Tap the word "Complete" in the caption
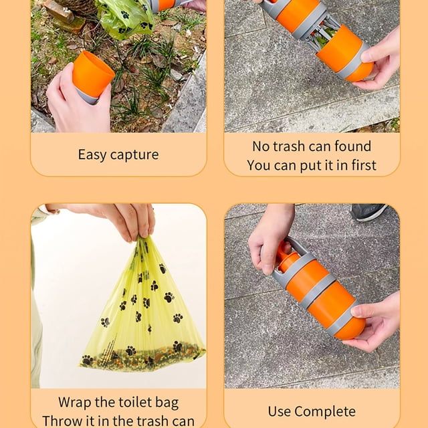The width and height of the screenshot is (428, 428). click(x=325, y=411)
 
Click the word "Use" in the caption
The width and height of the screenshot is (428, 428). click(x=280, y=411)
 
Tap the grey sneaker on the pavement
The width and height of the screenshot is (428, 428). click(x=368, y=212)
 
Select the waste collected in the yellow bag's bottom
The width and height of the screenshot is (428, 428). click(x=142, y=356)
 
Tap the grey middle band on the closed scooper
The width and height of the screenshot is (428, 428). click(x=319, y=290)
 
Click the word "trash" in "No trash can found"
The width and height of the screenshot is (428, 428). click(x=290, y=146)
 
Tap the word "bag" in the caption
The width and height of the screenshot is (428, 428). click(x=167, y=403)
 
